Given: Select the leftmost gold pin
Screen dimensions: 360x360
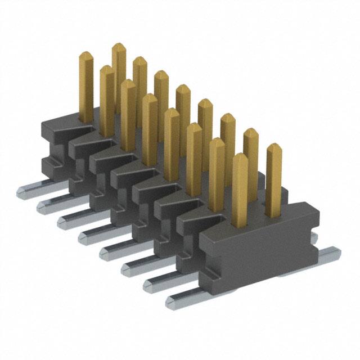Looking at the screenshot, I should (x=86, y=84).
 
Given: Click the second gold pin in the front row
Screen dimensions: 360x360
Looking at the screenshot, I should (x=107, y=98).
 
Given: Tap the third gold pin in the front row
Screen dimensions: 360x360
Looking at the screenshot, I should (x=128, y=112).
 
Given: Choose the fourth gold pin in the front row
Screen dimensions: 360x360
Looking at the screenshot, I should (x=150, y=127).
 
